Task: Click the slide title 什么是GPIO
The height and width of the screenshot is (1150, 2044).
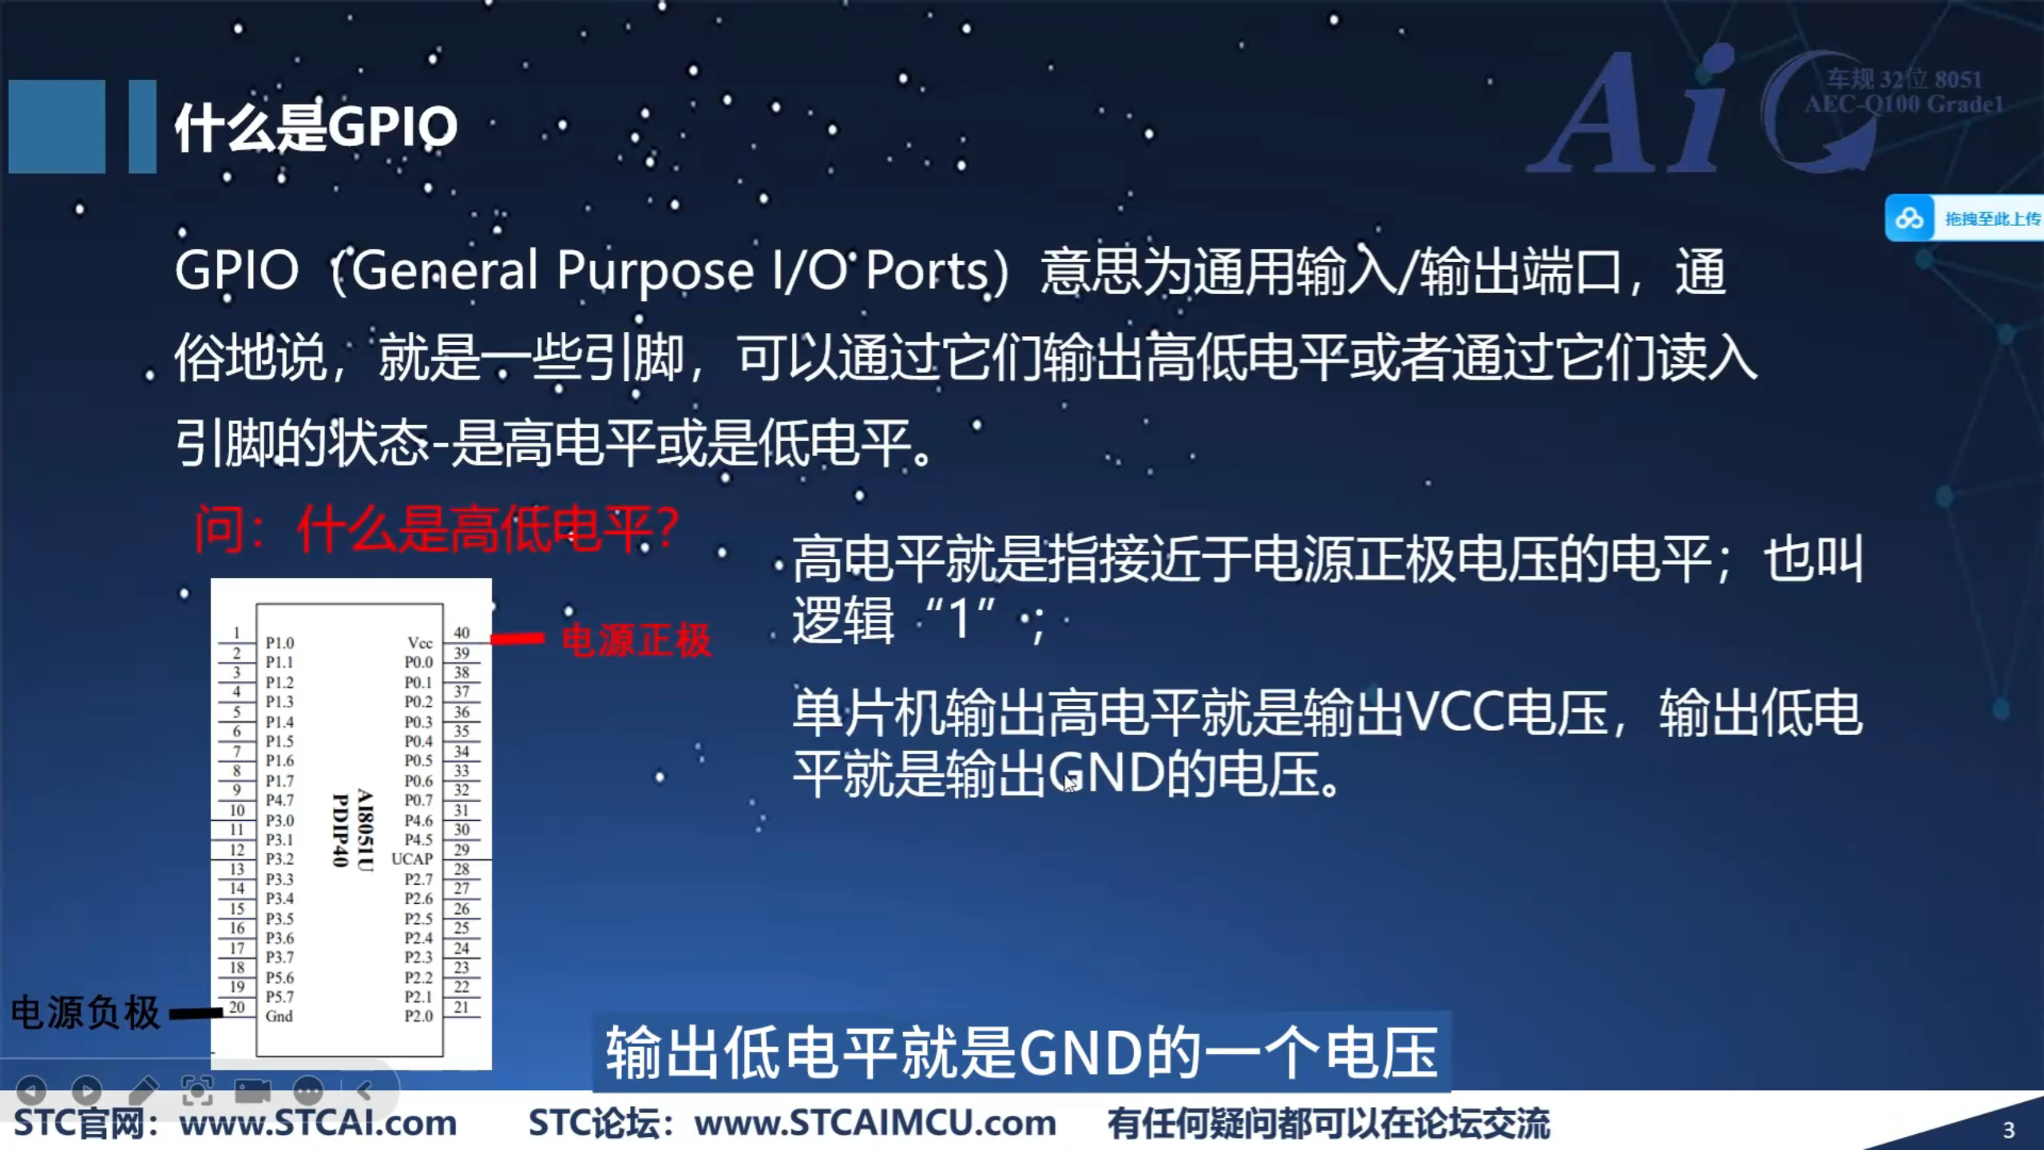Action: (x=316, y=128)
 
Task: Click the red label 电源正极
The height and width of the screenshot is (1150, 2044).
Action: (x=636, y=640)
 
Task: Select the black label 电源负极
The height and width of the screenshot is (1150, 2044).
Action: (x=85, y=1013)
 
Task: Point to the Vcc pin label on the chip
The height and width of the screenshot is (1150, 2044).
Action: (x=419, y=643)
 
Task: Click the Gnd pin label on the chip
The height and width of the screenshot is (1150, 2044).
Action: (x=279, y=1016)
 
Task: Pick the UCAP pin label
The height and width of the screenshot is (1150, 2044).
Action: (x=412, y=859)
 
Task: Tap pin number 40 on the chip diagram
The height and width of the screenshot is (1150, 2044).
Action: (x=461, y=632)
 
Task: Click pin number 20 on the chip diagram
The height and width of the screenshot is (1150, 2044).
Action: (x=237, y=1007)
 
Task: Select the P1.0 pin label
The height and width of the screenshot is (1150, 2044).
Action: (x=279, y=643)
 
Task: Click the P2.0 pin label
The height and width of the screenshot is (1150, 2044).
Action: (x=418, y=1016)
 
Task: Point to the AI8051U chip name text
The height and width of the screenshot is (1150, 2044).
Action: (x=364, y=831)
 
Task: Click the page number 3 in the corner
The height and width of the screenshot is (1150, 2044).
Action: (x=2009, y=1130)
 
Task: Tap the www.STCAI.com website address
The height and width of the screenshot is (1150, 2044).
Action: (x=318, y=1123)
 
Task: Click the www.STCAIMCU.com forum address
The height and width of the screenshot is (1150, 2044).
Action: (x=875, y=1123)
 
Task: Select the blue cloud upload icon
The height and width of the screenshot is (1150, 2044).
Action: (x=1909, y=218)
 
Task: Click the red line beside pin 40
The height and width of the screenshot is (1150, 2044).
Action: (x=517, y=638)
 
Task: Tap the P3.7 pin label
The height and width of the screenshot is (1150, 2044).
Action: (x=279, y=957)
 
